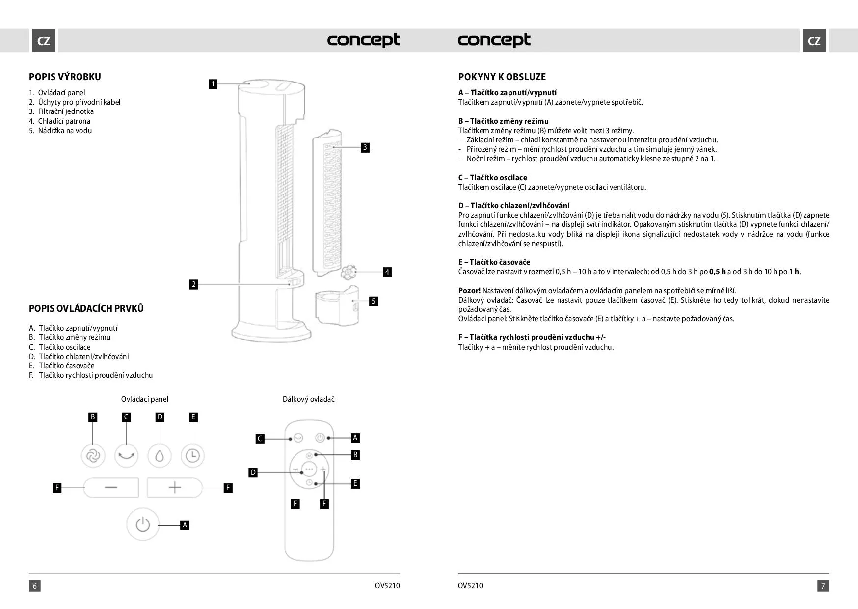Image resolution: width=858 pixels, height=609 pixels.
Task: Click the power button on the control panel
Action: [x=143, y=525]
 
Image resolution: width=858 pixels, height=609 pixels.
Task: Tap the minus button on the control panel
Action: [x=111, y=487]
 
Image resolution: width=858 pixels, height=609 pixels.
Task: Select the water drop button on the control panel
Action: [x=160, y=456]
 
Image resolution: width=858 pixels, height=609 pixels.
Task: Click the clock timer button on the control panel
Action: [x=192, y=456]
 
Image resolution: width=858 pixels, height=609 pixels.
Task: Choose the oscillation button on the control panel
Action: [x=126, y=456]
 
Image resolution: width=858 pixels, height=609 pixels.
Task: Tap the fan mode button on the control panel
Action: [x=93, y=456]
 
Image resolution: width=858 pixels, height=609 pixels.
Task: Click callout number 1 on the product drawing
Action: [x=213, y=84]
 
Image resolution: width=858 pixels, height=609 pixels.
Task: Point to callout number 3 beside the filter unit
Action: [x=365, y=147]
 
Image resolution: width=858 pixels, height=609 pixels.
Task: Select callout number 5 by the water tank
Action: [x=374, y=301]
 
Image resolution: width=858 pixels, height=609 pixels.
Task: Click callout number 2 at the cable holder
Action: [x=194, y=284]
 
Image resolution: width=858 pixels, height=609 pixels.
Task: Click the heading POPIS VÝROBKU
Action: [x=65, y=77]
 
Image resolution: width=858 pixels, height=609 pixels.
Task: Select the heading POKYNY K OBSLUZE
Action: [x=502, y=77]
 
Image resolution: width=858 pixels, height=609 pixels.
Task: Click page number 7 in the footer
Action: [x=823, y=585]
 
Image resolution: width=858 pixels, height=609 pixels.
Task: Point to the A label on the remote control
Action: [x=355, y=437]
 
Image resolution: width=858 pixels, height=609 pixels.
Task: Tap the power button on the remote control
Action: [x=320, y=438]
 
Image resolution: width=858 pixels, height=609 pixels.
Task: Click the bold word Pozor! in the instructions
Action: [x=469, y=290]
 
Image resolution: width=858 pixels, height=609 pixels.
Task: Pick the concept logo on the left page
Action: [x=363, y=40]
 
